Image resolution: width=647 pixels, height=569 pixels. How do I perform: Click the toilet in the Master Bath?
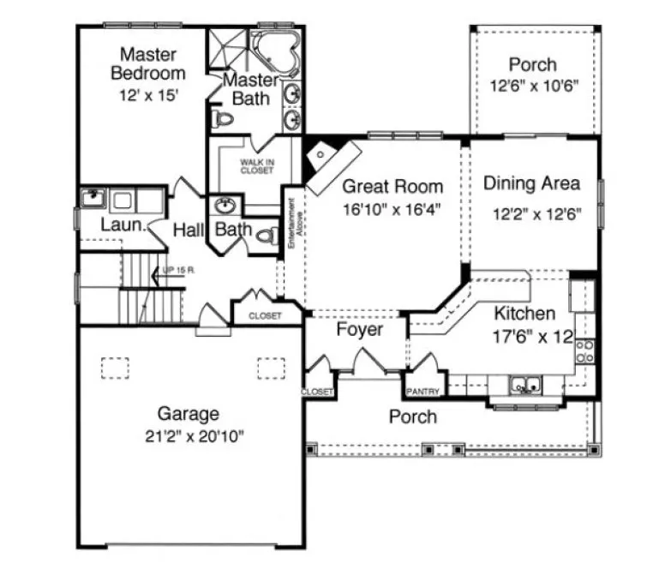point(222,118)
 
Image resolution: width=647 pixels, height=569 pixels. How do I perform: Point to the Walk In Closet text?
point(256,165)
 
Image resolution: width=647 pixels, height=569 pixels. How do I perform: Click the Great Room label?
point(393,187)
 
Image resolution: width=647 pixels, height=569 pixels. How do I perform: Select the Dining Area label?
point(531,183)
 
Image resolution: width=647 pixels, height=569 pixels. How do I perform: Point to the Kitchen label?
point(524,314)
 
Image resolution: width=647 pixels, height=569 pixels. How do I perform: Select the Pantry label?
point(423,392)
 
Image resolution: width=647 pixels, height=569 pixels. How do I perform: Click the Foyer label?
point(359,330)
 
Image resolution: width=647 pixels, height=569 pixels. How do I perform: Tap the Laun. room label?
point(121,226)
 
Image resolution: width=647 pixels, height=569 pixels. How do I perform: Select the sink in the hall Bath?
point(226,205)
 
